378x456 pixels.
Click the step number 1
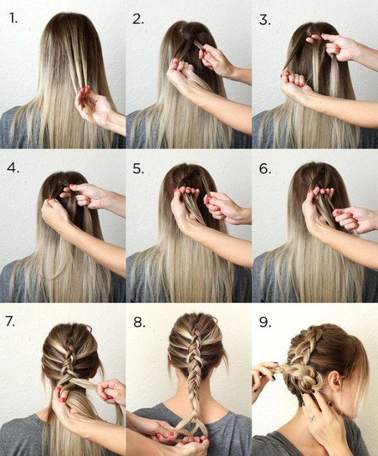pos(13,18)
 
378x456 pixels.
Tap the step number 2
pos(139,18)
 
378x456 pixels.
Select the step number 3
pos(265,18)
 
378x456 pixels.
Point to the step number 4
pos(13,169)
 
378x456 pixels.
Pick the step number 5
pos(139,169)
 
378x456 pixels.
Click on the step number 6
pos(265,169)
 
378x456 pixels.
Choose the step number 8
pos(139,322)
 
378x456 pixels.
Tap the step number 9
pos(265,322)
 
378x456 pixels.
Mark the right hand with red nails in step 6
pos(353,218)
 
